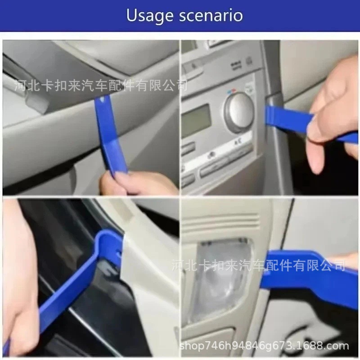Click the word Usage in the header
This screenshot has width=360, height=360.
tap(150, 16)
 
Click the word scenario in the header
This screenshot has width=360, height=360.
tap(211, 15)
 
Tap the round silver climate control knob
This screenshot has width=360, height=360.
tap(239, 112)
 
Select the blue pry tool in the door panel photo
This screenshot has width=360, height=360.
tap(110, 135)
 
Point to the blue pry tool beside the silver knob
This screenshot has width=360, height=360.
tap(308, 124)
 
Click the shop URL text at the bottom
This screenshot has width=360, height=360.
tap(264, 346)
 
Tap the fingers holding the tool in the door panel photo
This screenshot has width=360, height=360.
tap(138, 184)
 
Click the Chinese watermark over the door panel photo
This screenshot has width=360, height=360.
tap(100, 85)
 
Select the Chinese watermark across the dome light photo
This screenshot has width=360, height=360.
tap(258, 265)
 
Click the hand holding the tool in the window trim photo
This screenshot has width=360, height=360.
tap(19, 275)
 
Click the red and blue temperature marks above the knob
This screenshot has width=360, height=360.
tap(231, 91)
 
